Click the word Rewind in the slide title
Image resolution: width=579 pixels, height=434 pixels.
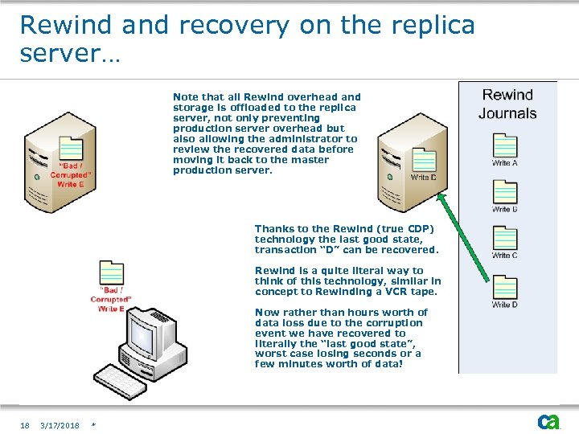click(x=67, y=26)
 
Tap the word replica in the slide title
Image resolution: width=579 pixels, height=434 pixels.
click(x=429, y=26)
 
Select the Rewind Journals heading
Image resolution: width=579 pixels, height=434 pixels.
click(x=507, y=104)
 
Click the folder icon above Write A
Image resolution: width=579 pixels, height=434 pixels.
click(x=504, y=145)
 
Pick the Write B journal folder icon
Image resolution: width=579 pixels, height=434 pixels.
click(x=504, y=191)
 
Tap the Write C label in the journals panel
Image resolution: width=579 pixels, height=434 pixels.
click(x=504, y=256)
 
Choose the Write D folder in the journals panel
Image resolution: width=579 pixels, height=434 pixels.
click(x=504, y=287)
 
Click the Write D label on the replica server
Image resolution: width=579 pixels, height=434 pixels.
click(x=424, y=177)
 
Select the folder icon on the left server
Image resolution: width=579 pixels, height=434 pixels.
click(x=71, y=149)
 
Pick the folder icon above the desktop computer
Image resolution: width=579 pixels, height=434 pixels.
click(x=111, y=273)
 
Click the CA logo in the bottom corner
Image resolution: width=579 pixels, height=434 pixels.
click(x=548, y=421)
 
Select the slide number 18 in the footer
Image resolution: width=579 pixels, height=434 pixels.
click(x=25, y=425)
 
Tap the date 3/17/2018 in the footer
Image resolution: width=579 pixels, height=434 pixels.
click(x=60, y=425)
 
